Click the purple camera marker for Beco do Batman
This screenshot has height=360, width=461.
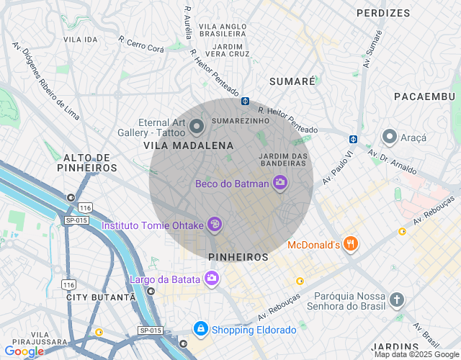tap(281, 183)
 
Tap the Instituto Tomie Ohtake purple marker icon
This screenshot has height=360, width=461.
tap(214, 225)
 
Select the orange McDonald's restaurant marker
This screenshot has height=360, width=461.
tap(351, 245)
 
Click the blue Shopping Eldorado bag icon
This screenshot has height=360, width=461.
tap(200, 329)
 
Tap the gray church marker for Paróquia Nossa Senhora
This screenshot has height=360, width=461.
tap(396, 299)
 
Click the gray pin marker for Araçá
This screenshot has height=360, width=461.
tap(390, 136)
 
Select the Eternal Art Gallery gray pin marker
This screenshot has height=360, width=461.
tap(197, 127)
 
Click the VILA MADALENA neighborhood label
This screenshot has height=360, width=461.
tap(189, 145)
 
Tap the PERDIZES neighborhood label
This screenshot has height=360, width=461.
tap(383, 13)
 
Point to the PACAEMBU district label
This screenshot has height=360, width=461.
tap(425, 96)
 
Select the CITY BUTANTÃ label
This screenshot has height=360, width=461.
tap(100, 297)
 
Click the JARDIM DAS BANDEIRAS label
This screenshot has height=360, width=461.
tap(283, 160)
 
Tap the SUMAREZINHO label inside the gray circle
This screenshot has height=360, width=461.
tap(241, 120)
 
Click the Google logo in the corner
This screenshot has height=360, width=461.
tap(24, 351)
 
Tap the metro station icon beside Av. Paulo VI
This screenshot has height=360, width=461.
tap(354, 139)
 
